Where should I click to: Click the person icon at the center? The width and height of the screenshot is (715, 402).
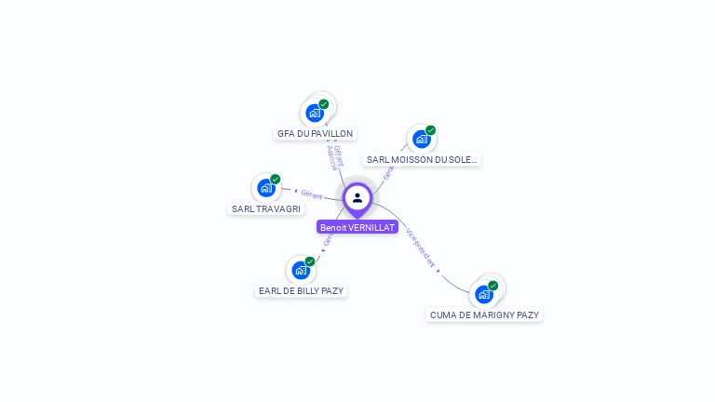click(357, 198)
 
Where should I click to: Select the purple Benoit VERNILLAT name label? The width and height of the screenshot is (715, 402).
click(357, 227)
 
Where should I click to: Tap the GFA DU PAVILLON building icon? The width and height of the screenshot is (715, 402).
click(315, 113)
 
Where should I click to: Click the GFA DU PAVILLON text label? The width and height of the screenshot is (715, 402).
click(316, 134)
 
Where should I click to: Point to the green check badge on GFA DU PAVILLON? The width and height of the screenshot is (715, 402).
click(324, 104)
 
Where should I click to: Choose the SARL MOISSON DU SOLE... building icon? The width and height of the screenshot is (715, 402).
click(422, 139)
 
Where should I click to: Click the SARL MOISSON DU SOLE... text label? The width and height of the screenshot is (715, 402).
click(422, 160)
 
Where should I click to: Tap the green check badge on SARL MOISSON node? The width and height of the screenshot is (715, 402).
click(431, 130)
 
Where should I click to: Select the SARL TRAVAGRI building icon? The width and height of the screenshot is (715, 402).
click(266, 188)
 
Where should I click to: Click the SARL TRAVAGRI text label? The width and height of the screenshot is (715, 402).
click(266, 209)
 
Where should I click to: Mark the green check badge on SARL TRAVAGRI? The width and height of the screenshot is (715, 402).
click(276, 180)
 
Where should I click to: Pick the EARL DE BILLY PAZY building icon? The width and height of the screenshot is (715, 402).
click(301, 270)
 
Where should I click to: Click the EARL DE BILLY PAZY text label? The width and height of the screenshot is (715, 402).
click(301, 291)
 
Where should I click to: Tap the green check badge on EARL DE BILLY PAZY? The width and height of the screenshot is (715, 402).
click(310, 261)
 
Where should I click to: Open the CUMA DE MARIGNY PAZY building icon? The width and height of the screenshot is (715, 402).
click(484, 294)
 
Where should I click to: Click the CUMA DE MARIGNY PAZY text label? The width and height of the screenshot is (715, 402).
click(484, 315)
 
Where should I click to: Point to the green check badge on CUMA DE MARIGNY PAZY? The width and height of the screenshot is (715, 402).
click(493, 286)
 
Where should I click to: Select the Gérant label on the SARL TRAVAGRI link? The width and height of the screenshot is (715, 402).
click(311, 194)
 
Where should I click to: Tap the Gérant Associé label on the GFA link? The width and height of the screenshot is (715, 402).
click(335, 157)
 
